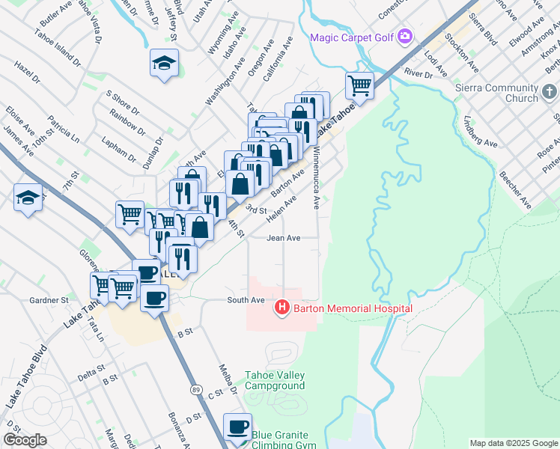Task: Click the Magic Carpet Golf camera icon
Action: [x=405, y=36]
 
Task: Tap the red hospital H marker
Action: [x=282, y=307]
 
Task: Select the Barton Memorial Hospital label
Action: [x=353, y=308]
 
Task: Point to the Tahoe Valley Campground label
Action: [x=276, y=380]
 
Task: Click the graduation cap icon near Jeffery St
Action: [x=164, y=62]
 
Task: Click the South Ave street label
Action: [x=247, y=300]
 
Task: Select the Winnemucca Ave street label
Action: [x=317, y=177]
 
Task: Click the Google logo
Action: [x=25, y=440]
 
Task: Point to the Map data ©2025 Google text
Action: [x=513, y=443]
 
